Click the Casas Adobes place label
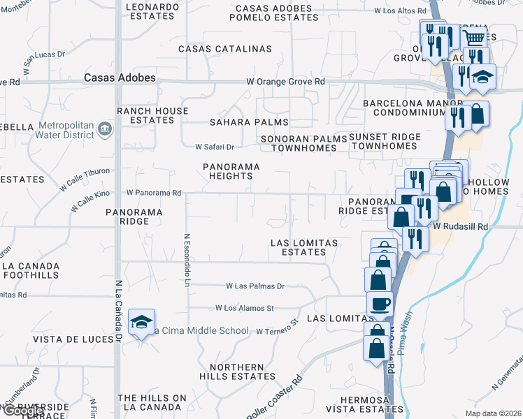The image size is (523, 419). pyautogui.click(x=120, y=78)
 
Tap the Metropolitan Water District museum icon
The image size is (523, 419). pyautogui.click(x=104, y=128)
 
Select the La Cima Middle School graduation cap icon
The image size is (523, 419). pyautogui.click(x=142, y=323)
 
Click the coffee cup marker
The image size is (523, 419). pyautogui.click(x=380, y=304)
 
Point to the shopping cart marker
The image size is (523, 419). pyautogui.click(x=475, y=39)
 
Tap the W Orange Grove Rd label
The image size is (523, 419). pyautogui.click(x=286, y=82)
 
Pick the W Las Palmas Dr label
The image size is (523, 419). pyautogui.click(x=255, y=286)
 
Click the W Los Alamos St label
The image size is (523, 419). pyautogui.click(x=245, y=307)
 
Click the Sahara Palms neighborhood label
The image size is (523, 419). pyautogui.click(x=240, y=122)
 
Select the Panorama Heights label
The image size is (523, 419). pyautogui.click(x=231, y=172)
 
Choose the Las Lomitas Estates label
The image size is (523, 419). pyautogui.click(x=304, y=247)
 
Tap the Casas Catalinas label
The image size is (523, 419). pyautogui.click(x=224, y=49)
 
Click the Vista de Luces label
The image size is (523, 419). pyautogui.click(x=73, y=339)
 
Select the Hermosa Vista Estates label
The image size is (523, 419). pyautogui.click(x=361, y=404)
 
